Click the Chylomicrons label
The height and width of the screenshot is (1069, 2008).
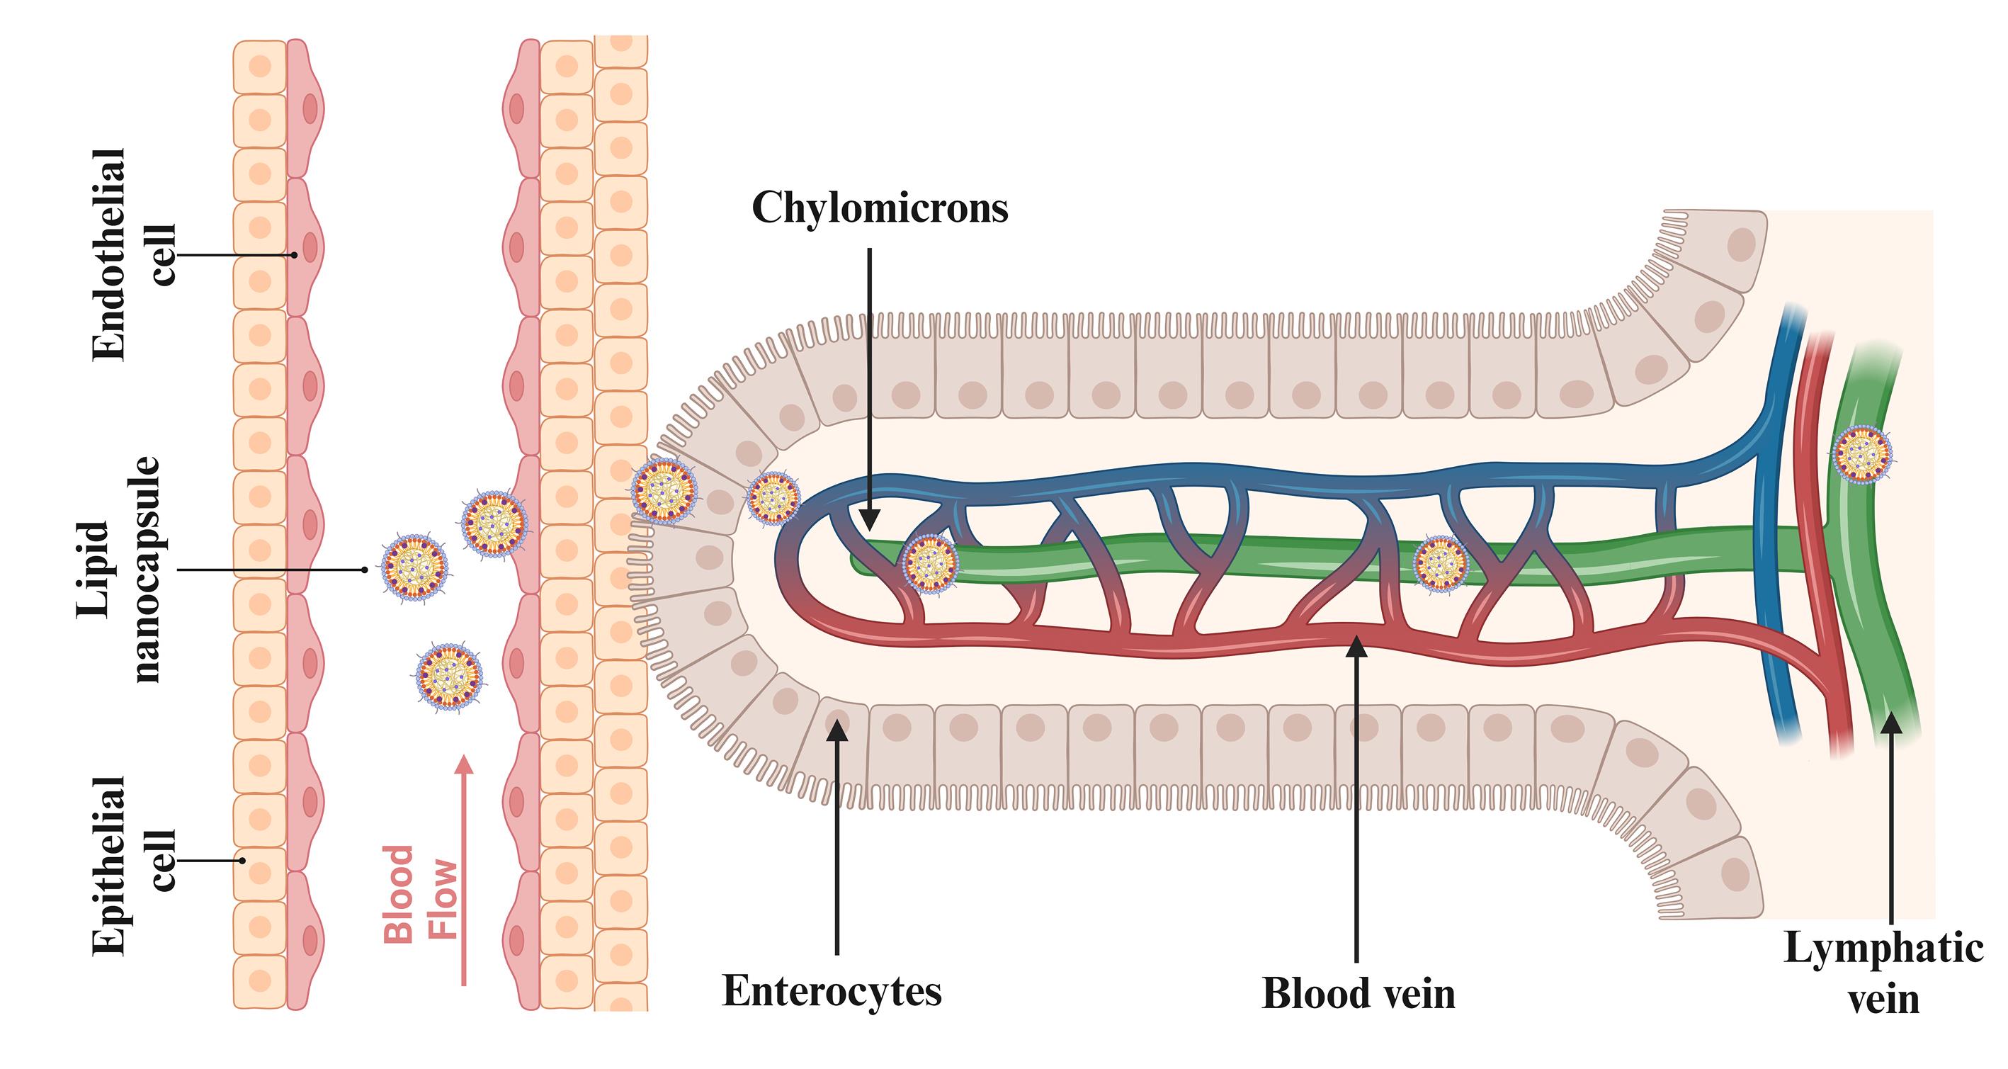point(879,208)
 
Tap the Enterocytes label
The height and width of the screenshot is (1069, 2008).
point(832,992)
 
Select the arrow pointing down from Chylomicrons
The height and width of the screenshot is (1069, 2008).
point(870,390)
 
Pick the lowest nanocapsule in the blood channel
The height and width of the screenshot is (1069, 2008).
point(449,676)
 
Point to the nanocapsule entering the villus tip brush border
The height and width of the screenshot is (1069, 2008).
point(664,490)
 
